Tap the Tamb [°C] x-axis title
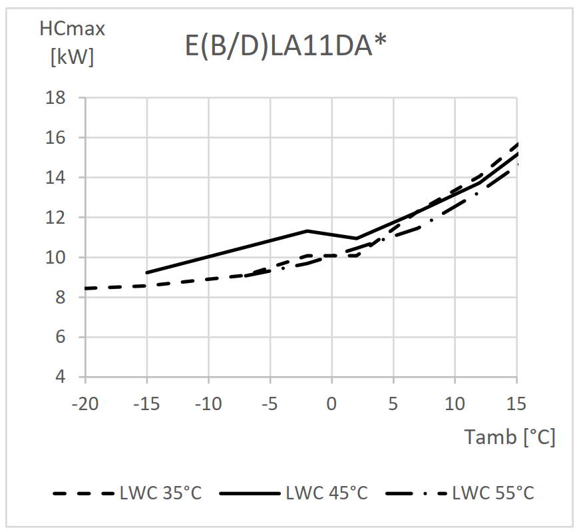[x=510, y=437]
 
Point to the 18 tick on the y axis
[x=56, y=98]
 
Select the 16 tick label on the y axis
[x=56, y=138]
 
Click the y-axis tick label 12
[x=56, y=218]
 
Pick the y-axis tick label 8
[x=61, y=298]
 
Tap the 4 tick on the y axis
[x=61, y=377]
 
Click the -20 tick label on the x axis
[x=85, y=403]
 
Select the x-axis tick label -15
[x=146, y=403]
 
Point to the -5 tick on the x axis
[x=270, y=403]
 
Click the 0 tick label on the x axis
[x=331, y=403]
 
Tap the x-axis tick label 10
[x=455, y=403]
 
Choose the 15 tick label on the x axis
[x=516, y=403]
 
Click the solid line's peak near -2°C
[x=307, y=231]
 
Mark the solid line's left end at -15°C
[x=146, y=272]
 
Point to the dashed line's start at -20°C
[x=86, y=288]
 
